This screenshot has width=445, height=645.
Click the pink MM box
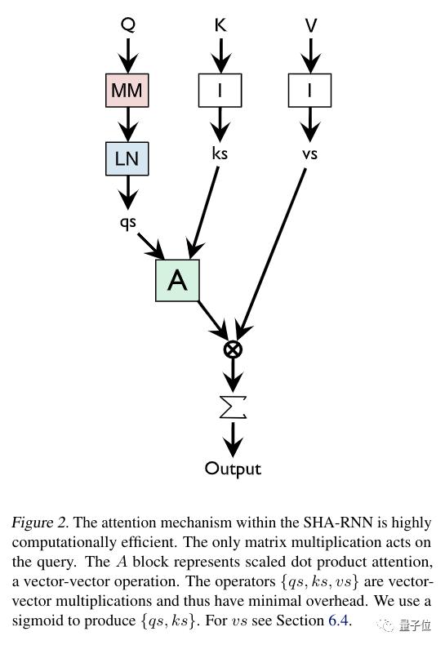pyautogui.click(x=127, y=91)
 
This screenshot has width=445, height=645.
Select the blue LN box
pyautogui.click(x=127, y=158)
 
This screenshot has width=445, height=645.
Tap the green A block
pyautogui.click(x=177, y=281)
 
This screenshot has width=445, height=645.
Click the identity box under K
pyautogui.click(x=220, y=91)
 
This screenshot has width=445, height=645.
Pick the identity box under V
pyautogui.click(x=309, y=91)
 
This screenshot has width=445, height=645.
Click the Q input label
pyautogui.click(x=128, y=24)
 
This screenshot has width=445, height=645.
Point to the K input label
pyautogui.click(x=220, y=24)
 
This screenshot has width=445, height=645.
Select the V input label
pyautogui.click(x=311, y=25)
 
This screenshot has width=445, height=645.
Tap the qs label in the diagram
pyautogui.click(x=127, y=223)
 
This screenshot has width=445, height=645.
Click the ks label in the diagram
pyautogui.click(x=220, y=153)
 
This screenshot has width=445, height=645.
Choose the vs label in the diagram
pyautogui.click(x=309, y=154)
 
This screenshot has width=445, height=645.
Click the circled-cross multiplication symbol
pyautogui.click(x=233, y=349)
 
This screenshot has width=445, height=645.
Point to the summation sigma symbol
pyautogui.click(x=233, y=407)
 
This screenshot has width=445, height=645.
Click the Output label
pyautogui.click(x=233, y=469)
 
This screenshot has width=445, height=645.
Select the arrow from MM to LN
pyautogui.click(x=128, y=125)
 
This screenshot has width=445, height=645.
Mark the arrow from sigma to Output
pyautogui.click(x=233, y=440)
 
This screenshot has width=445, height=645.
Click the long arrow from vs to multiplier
pyautogui.click(x=271, y=253)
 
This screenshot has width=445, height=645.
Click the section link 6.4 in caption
pyautogui.click(x=338, y=620)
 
